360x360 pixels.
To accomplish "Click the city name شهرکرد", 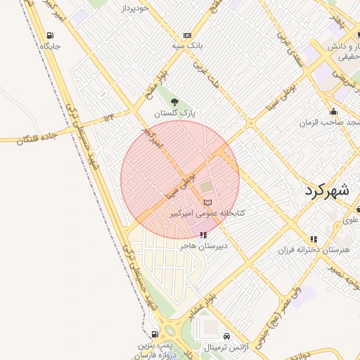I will coord(328,190).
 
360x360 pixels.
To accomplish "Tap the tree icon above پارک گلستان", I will coord(175,102).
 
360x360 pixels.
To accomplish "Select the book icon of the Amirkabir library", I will coord(207,202).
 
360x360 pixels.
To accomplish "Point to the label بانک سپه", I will coord(188,46).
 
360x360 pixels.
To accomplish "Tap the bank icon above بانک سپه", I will coord(187,35).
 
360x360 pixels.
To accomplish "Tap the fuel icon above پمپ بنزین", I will coord(154,335).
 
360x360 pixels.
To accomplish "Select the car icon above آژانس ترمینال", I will coord(226,337).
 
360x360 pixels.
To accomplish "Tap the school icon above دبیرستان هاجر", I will coord(203,235).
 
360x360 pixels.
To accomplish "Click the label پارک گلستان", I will coord(175,112).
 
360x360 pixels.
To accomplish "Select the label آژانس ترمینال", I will coord(224,347).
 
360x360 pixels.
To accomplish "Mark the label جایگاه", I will coord(51,46).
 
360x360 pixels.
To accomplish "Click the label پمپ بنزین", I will coord(155,345).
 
